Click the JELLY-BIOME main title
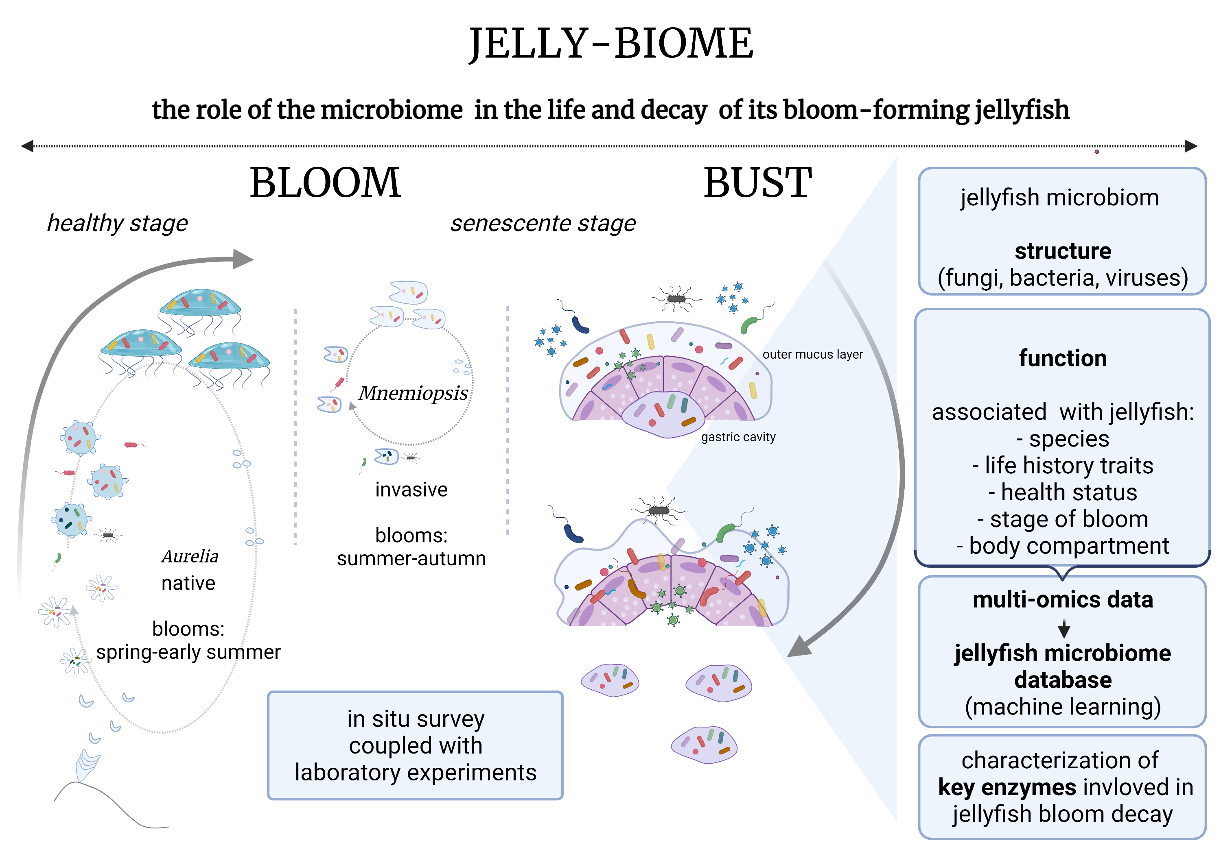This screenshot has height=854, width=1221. pos(610,44)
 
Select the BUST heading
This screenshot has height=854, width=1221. pos(757,183)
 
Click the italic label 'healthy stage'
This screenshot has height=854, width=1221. pos(118,223)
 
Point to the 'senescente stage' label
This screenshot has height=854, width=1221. pos(543,223)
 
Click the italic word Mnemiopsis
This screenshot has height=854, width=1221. pos(413,393)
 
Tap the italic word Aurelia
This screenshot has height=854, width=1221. pos(190,556)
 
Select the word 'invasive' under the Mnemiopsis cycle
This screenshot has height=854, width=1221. pos(411,490)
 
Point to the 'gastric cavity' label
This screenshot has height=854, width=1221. pos(738,437)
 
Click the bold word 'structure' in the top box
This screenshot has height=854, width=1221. pos(1063,251)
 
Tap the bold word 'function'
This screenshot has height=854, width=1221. pos(1063,358)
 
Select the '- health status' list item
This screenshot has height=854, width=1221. pos(1063,492)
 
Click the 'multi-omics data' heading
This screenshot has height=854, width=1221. pos(1063,599)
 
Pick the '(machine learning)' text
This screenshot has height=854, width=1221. pos(1063,707)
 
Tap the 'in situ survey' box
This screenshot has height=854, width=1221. pos(415,745)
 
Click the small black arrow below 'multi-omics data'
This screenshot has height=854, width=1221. pos(1063,629)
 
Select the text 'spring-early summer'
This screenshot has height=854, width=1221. pos(188,652)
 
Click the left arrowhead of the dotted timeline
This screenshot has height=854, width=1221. pos(26,146)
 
